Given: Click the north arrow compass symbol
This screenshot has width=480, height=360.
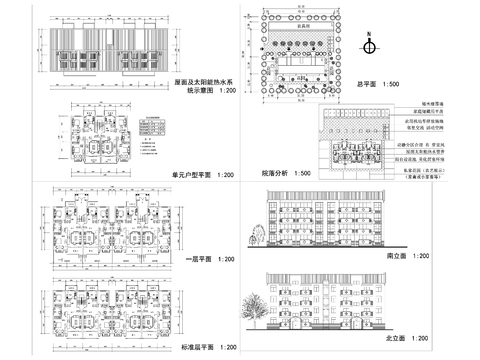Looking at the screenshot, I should pos(369,46).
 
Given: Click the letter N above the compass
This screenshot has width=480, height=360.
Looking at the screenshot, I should pos(369,34).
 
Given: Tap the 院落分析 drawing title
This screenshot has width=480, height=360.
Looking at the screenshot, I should pos(273,173).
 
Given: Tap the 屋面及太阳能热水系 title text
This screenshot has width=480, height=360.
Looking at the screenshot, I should pos(204,83).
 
